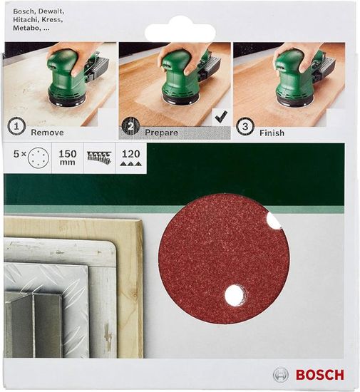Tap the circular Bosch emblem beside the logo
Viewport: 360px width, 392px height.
click(x=281, y=375)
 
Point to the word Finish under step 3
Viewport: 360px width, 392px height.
click(x=272, y=133)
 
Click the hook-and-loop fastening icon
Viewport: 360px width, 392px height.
click(x=98, y=158)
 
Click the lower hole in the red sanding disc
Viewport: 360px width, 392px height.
click(x=232, y=294)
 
